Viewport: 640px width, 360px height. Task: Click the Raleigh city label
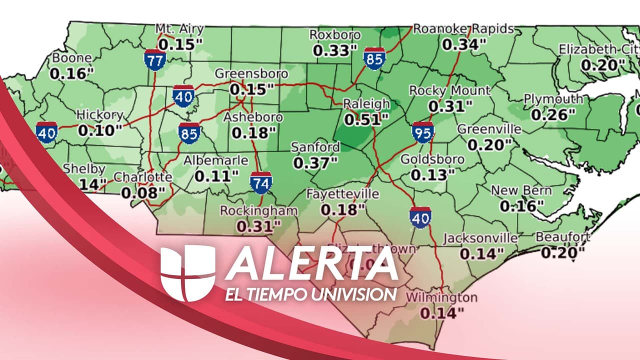pos(366,104)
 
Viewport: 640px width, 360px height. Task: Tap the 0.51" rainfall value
pos(366,119)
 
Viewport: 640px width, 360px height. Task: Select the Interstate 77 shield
pos(155,59)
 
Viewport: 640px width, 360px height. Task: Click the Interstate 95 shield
pos(423,132)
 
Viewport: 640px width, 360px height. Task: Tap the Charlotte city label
pos(143,177)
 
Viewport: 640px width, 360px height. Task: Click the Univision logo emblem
pos(187,273)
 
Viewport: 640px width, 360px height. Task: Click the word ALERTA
pos(311,263)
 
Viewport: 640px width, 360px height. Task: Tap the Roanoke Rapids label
pos(463,29)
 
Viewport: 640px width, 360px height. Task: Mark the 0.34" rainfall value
pos(464,44)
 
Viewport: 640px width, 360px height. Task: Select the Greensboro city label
pos(251,74)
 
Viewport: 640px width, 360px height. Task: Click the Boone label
pos(71,58)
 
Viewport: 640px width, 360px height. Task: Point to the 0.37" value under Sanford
pos(315,162)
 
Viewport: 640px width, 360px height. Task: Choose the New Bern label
pos(521,190)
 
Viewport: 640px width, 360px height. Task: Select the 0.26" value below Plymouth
pos(553,115)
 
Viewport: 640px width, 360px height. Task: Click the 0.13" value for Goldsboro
pos(432,175)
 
